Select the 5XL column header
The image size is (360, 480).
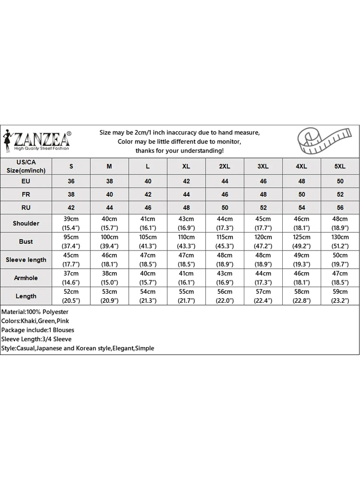340,166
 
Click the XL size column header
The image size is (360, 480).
186,166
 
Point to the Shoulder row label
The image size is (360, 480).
26,223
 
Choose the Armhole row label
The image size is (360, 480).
26,278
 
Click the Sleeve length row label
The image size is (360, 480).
26,260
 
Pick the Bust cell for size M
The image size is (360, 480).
109,241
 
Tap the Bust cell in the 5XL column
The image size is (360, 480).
340,241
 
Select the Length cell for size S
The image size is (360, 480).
71,296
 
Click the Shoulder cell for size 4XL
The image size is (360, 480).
301,223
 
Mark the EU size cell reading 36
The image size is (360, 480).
71,181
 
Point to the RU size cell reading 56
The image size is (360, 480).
340,207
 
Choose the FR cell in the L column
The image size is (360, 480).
148,194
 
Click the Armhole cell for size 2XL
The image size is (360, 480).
225,278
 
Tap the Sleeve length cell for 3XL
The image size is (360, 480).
263,260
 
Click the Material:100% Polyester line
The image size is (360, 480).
35,312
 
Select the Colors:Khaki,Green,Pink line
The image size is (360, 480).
36,321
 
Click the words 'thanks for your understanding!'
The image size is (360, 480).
179,151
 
